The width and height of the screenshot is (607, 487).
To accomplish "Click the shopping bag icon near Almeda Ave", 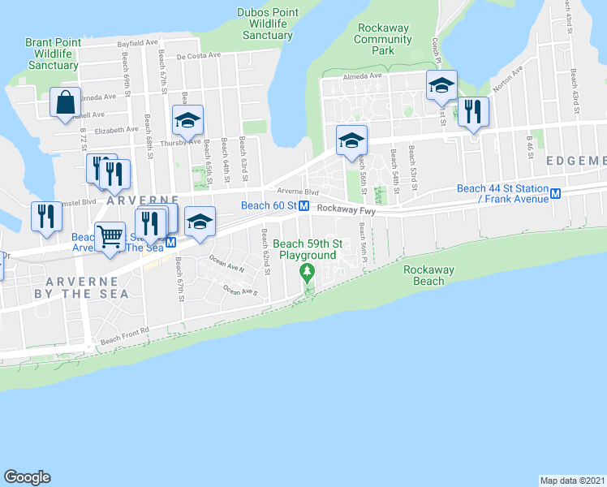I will point(65,102).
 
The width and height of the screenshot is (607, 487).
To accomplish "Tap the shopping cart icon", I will point(110,237).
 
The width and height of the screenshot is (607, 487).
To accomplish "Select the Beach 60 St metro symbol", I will point(303,206).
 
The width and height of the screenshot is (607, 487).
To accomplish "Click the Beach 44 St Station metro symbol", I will point(556,194).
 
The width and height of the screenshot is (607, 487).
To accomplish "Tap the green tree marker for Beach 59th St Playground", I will point(307,272).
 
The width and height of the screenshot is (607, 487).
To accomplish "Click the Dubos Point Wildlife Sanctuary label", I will point(267,24).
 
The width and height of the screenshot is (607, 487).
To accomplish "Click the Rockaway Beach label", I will point(428,276).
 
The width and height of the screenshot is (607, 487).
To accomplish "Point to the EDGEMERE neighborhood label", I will point(575,161).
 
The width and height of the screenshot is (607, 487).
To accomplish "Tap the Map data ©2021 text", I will point(572,480).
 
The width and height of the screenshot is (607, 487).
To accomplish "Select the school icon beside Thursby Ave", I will point(187,121).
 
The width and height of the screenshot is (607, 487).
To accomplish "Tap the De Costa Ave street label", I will point(198,56).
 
